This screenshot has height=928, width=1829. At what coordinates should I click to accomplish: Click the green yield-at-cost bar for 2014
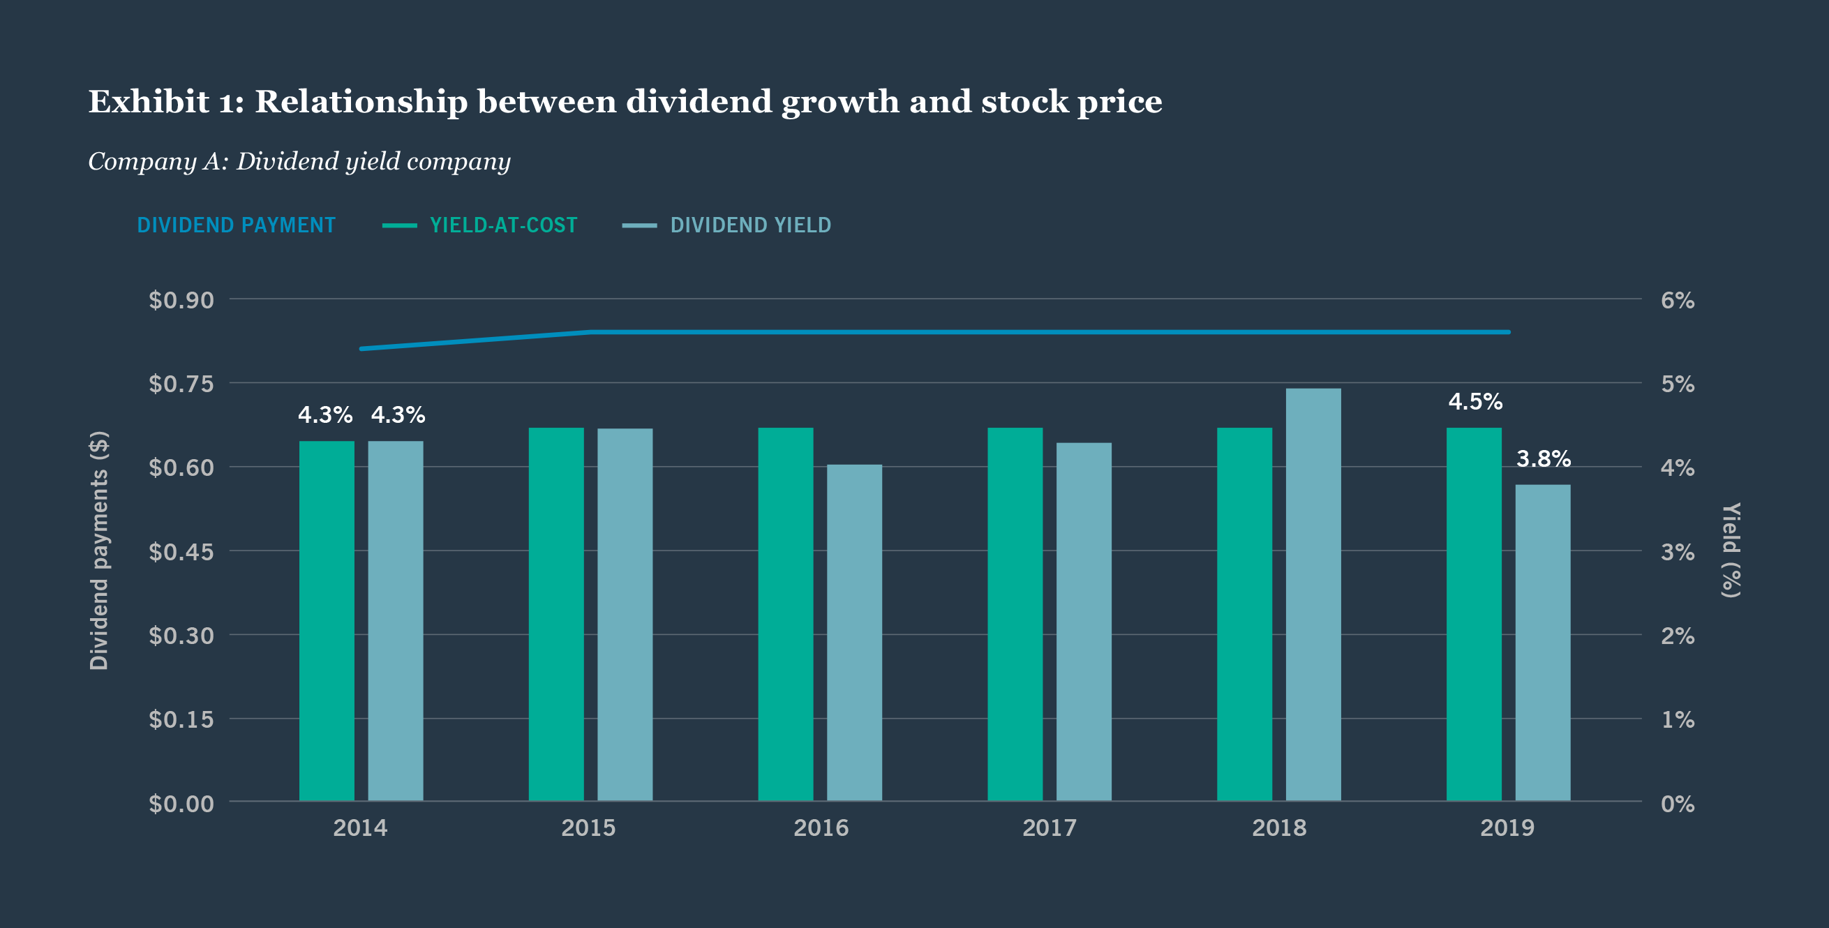pyautogui.click(x=327, y=621)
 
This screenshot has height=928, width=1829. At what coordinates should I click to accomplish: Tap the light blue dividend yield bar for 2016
pyautogui.click(x=854, y=633)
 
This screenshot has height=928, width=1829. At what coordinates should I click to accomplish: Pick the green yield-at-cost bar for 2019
pyautogui.click(x=1474, y=614)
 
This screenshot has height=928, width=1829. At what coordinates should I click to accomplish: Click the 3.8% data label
pyautogui.click(x=1543, y=459)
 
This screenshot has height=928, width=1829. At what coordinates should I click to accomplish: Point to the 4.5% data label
pyautogui.click(x=1475, y=402)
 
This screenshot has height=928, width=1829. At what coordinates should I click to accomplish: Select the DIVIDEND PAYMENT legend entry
pyautogui.click(x=236, y=225)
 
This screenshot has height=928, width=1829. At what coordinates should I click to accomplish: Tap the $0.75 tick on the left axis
pyautogui.click(x=181, y=384)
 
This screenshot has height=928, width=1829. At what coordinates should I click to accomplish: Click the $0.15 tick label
pyautogui.click(x=181, y=719)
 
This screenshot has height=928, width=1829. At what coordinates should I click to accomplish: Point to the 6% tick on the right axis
pyautogui.click(x=1677, y=300)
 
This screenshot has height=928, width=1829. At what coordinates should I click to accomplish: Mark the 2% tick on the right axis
pyautogui.click(x=1677, y=636)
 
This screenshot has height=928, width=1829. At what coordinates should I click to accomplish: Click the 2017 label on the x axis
pyautogui.click(x=1049, y=828)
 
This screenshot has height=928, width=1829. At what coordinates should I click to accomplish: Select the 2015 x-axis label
pyautogui.click(x=588, y=828)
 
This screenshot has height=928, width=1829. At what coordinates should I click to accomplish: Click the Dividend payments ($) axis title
pyautogui.click(x=98, y=551)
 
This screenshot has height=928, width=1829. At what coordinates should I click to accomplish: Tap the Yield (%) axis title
pyautogui.click(x=1731, y=551)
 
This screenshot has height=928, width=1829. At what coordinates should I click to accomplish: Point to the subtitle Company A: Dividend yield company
pyautogui.click(x=299, y=161)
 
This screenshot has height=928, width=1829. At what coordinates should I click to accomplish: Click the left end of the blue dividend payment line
pyautogui.click(x=363, y=349)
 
